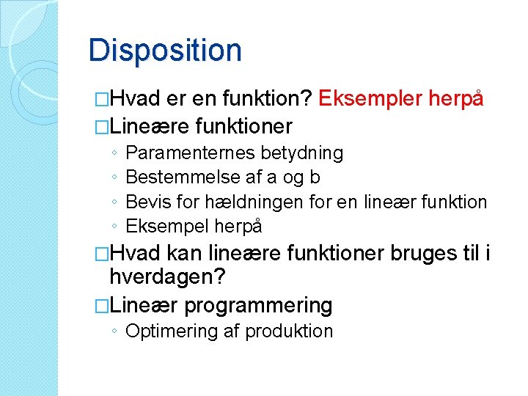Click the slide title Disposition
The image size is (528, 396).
[165, 51]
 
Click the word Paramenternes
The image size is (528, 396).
[189, 153]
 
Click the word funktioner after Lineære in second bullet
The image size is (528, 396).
[244, 127]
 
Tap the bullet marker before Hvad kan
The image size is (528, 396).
[102, 254]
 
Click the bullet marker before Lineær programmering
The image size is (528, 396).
[102, 305]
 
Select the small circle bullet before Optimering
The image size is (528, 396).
[116, 332]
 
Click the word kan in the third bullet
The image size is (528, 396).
[186, 254]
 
